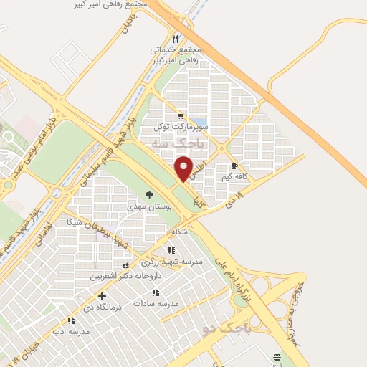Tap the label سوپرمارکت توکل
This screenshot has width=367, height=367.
coord(180,126)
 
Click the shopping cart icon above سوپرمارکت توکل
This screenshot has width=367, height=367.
coord(180,115)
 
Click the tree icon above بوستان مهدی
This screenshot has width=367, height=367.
coord(149,195)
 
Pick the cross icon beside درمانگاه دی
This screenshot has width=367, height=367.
coord(102,295)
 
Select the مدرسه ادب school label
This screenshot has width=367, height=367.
coord(71,331)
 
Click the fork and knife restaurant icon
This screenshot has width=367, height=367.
coord(176,38)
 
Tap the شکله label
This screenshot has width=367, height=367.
coord(180,232)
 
